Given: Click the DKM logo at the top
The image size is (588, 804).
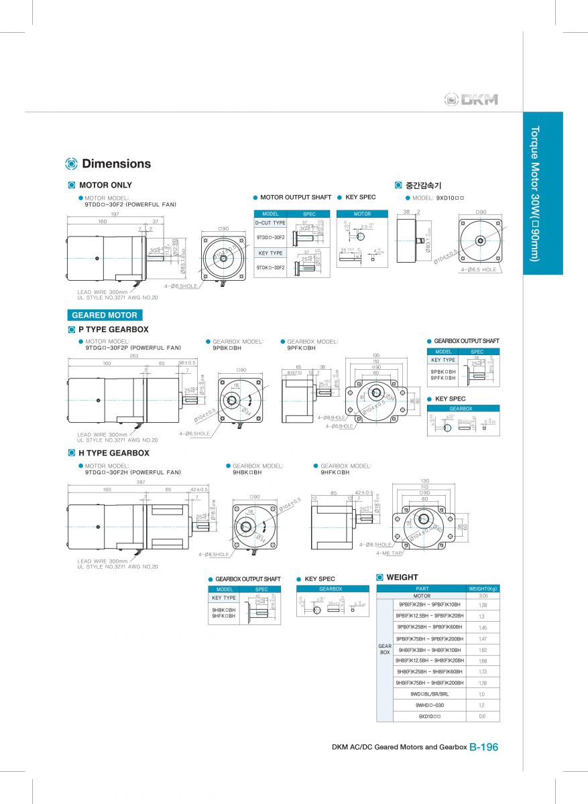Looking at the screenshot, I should click(x=471, y=100).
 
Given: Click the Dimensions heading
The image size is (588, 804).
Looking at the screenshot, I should click(x=116, y=163).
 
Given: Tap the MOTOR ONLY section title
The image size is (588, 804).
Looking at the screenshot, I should click(x=105, y=185).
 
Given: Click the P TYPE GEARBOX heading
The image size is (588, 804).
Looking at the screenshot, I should click(x=113, y=330).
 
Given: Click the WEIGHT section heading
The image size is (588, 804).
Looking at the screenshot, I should click(x=402, y=577).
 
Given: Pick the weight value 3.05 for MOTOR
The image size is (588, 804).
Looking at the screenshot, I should click(x=483, y=596).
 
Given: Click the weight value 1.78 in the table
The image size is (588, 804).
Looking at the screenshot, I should click(x=483, y=683).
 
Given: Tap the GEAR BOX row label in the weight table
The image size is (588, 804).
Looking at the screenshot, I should click(x=385, y=649).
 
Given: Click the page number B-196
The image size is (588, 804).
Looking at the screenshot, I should click(x=483, y=747).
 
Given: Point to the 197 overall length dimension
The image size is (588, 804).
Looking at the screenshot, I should click(x=115, y=214).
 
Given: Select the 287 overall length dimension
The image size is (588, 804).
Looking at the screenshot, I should click(x=140, y=482).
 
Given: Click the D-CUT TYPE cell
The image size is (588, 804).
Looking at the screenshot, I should click(x=270, y=222).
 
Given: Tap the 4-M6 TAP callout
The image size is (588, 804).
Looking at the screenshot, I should click(x=389, y=553).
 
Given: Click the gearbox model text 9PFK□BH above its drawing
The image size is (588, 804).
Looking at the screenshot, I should click(x=301, y=348).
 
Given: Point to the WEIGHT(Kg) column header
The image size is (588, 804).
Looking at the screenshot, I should click(x=483, y=589).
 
